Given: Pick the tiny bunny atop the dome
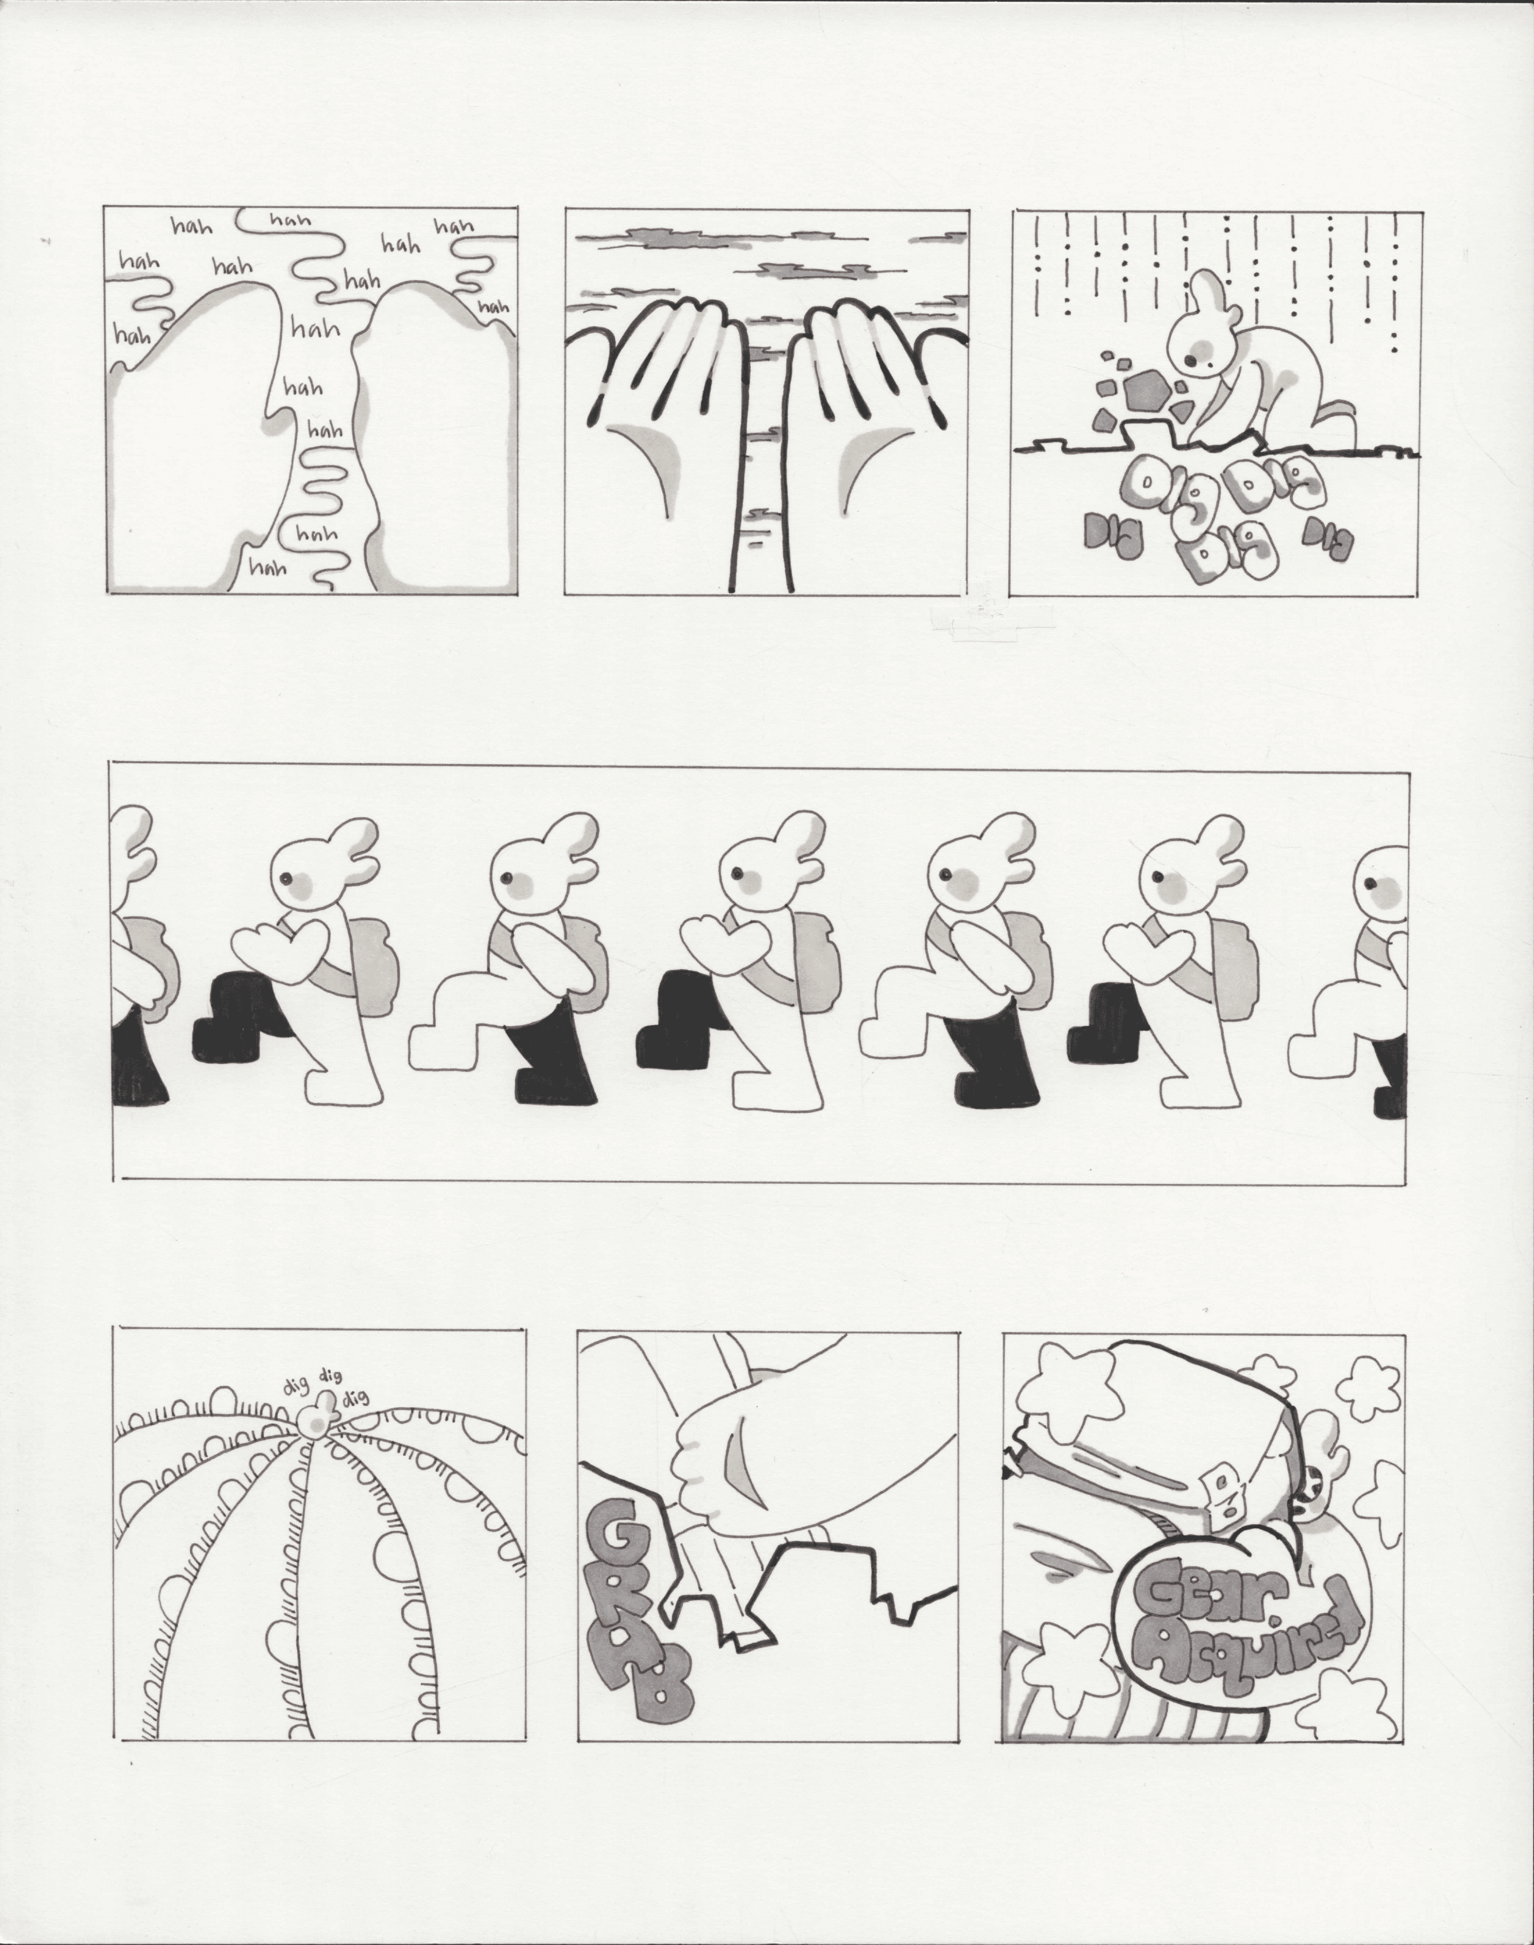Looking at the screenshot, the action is click(314, 1419).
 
